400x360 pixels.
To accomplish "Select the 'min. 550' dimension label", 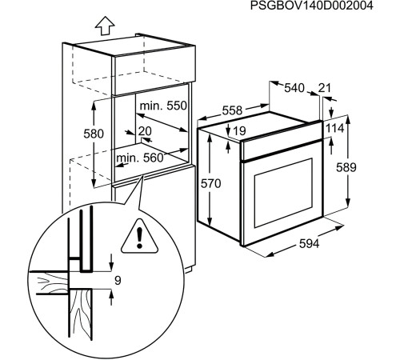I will pyautogui.click(x=163, y=106).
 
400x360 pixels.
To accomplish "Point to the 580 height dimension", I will pyautogui.click(x=94, y=134).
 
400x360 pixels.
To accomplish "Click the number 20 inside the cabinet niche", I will pyautogui.click(x=145, y=131).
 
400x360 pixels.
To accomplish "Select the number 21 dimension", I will pyautogui.click(x=324, y=87).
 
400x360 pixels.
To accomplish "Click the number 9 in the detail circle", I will pyautogui.click(x=117, y=281).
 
